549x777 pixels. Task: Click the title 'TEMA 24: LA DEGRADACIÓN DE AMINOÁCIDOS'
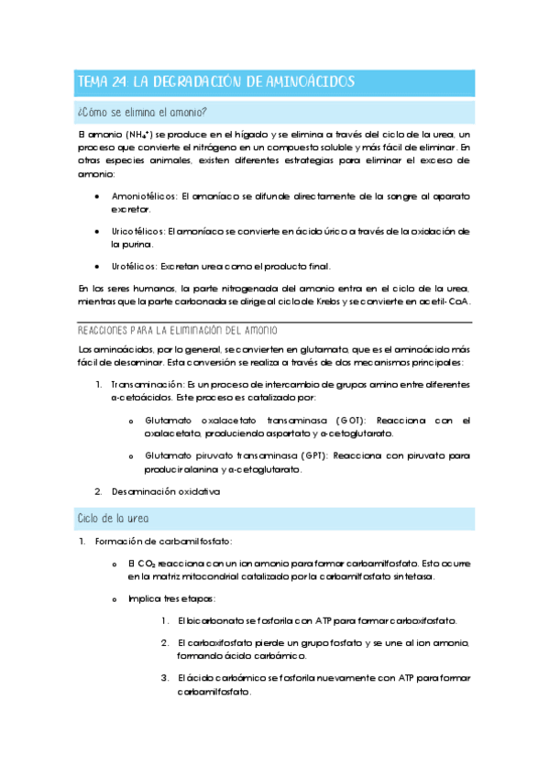(x=214, y=82)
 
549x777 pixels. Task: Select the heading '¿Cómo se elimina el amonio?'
(x=142, y=113)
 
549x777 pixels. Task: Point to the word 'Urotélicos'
(x=133, y=267)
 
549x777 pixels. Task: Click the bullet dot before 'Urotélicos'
(x=98, y=267)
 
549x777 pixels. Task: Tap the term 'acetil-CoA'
(x=443, y=301)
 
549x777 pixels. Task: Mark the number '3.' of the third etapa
(x=164, y=678)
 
